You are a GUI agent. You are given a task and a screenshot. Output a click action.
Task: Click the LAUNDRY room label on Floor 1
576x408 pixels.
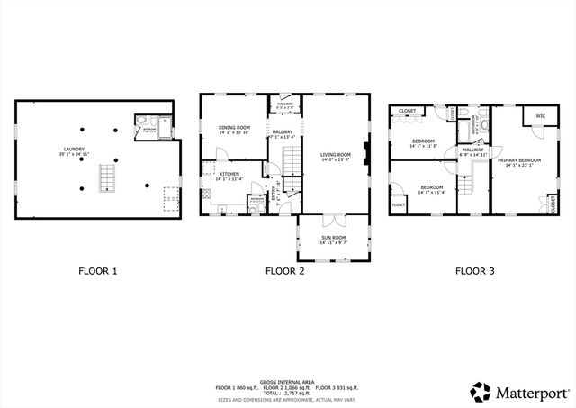(x=74, y=150)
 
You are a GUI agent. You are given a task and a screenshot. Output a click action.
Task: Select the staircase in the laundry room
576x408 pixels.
(x=106, y=177)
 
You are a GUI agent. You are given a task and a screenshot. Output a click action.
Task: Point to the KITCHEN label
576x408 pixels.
(x=227, y=173)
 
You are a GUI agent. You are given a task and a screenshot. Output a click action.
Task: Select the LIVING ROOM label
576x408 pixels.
(x=335, y=155)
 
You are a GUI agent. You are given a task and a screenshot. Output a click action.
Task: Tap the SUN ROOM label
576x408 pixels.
(x=333, y=239)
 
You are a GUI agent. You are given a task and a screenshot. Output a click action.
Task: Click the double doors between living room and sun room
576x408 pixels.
(x=333, y=218)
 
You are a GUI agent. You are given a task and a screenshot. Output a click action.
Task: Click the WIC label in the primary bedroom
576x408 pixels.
(x=540, y=116)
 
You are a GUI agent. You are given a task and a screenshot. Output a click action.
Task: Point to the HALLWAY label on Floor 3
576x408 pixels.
(x=472, y=150)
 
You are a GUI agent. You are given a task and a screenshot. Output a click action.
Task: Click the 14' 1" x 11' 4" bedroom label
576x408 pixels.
(x=430, y=189)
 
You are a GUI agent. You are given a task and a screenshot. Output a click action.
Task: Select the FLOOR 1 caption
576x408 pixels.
(x=98, y=270)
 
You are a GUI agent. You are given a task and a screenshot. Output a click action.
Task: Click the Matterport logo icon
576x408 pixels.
(x=481, y=392)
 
